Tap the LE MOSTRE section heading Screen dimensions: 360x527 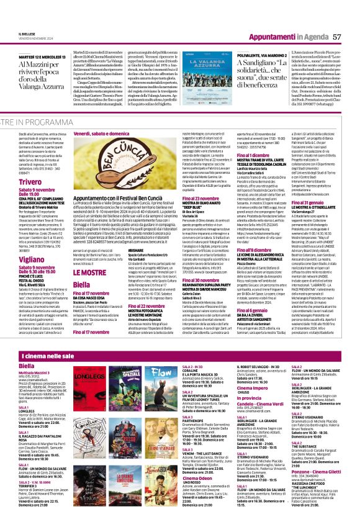(89, 271)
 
